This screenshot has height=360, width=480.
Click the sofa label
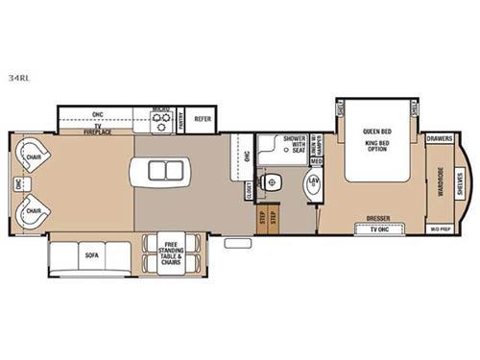pyautogui.click(x=91, y=255)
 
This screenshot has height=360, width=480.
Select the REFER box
pyautogui.click(x=202, y=118)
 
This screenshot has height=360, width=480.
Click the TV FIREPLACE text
pyautogui.click(x=96, y=126)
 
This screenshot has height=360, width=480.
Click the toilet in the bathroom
pyautogui.click(x=272, y=180)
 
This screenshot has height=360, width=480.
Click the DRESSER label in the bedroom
pyautogui.click(x=375, y=217)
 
